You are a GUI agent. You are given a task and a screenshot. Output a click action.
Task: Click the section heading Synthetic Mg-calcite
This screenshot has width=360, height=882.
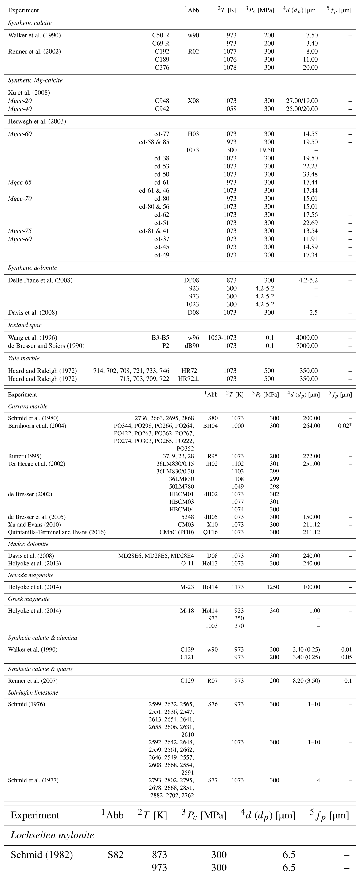point(35,80)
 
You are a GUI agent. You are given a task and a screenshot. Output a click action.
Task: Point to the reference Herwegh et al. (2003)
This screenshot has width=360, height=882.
point(37,121)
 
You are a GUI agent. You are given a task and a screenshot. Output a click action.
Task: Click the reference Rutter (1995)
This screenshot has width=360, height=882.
point(25,456)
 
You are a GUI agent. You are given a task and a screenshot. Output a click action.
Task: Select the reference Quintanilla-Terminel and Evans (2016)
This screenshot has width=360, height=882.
point(57,532)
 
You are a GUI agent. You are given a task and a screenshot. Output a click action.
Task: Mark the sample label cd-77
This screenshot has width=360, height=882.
point(162,134)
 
